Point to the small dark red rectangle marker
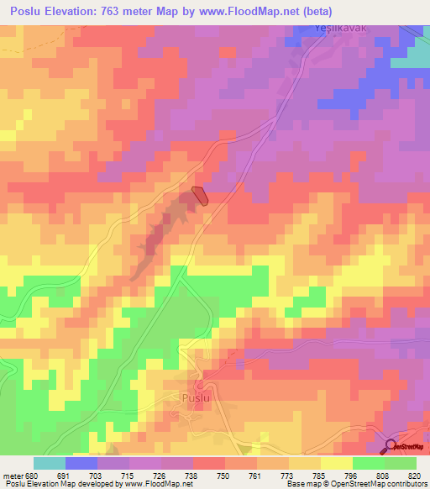(200, 195)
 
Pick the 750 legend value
(224, 475)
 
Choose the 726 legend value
(160, 475)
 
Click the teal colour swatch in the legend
(49, 463)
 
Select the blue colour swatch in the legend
(81, 463)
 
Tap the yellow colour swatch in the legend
(336, 463)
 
